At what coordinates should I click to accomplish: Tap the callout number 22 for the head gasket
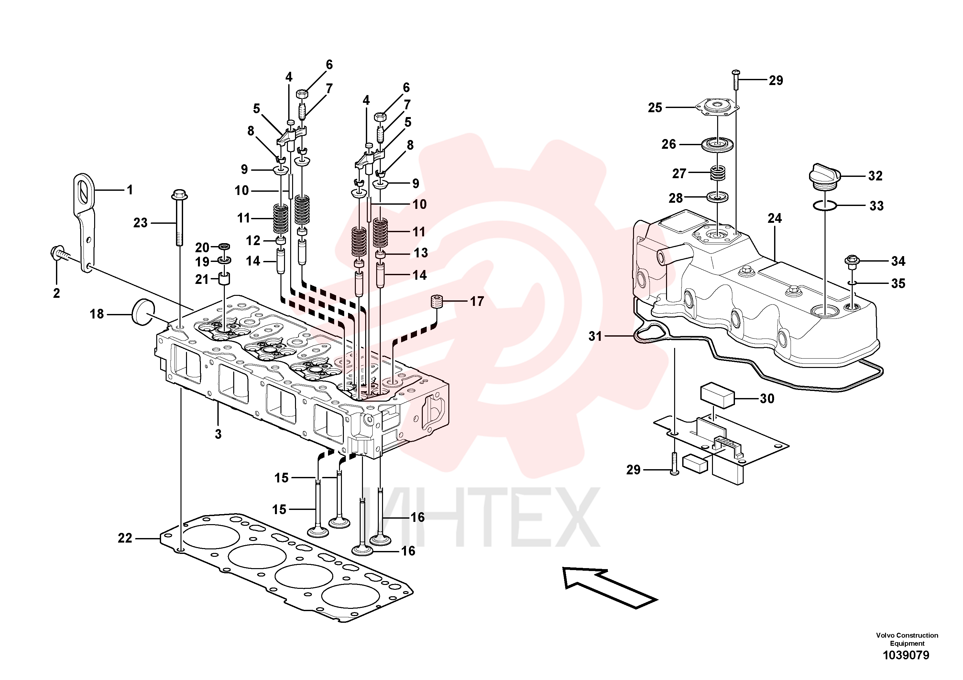click(125, 538)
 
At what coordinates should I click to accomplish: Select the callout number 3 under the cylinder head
click(218, 434)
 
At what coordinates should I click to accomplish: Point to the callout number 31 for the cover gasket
click(595, 336)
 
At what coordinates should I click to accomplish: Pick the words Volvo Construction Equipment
click(907, 639)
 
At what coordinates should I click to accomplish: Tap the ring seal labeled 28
click(717, 197)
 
